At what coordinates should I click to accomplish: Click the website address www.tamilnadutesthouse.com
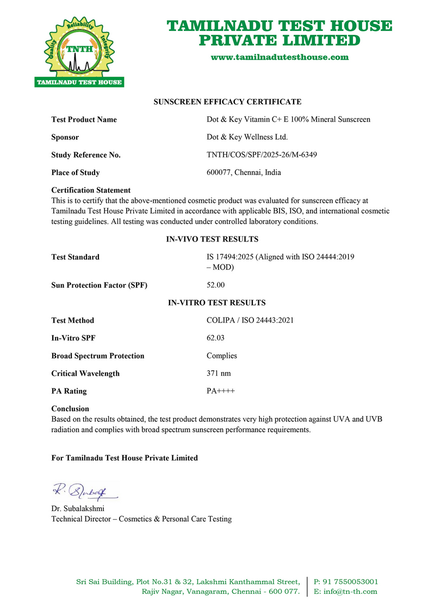tap(279, 57)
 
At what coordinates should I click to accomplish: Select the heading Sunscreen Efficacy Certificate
tap(227, 102)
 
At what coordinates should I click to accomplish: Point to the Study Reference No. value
tap(262, 155)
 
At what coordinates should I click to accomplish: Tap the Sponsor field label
tap(65, 137)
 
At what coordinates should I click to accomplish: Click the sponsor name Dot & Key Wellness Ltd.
tap(247, 137)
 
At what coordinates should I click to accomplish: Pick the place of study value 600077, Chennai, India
tap(244, 172)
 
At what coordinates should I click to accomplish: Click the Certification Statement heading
tap(91, 190)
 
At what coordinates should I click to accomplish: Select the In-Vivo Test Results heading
tap(212, 239)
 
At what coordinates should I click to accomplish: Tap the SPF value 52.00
tap(215, 285)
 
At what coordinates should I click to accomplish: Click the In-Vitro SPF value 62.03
tap(215, 338)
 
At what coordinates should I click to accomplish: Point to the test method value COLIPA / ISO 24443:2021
tap(250, 320)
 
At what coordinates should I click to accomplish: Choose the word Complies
tap(222, 356)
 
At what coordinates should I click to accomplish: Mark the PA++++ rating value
tap(220, 391)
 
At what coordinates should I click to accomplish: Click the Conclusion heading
tap(70, 408)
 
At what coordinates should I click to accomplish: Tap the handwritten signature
tap(85, 491)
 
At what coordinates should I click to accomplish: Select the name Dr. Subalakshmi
tap(78, 508)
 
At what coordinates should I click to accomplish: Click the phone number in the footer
tap(346, 581)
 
